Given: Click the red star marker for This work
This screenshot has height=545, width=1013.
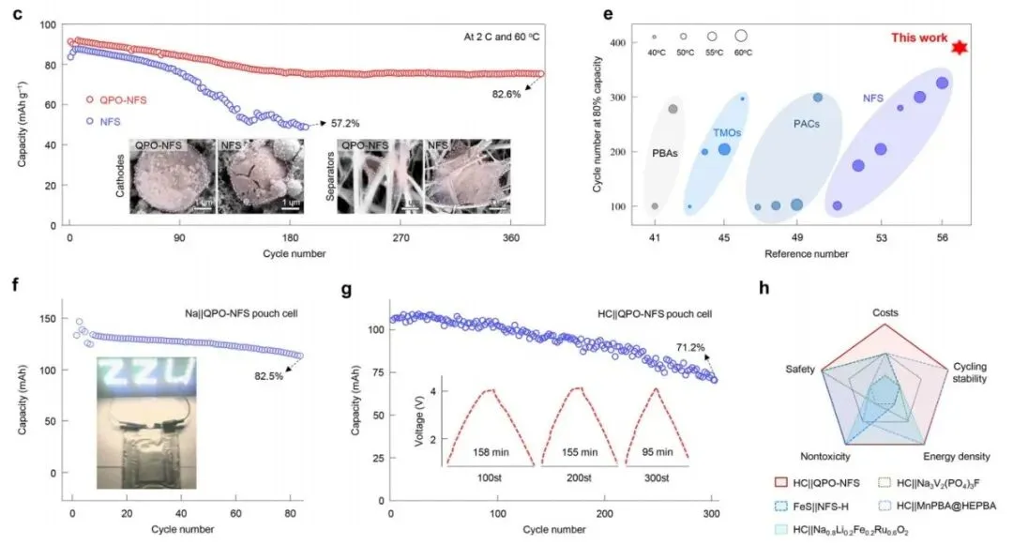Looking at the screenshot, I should pos(959,48).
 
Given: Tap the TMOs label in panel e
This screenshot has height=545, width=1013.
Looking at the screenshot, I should pos(728,134).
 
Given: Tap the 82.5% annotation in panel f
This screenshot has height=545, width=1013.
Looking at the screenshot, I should pos(267,375).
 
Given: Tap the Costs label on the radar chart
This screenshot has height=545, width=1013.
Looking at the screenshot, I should pos(884,312).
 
